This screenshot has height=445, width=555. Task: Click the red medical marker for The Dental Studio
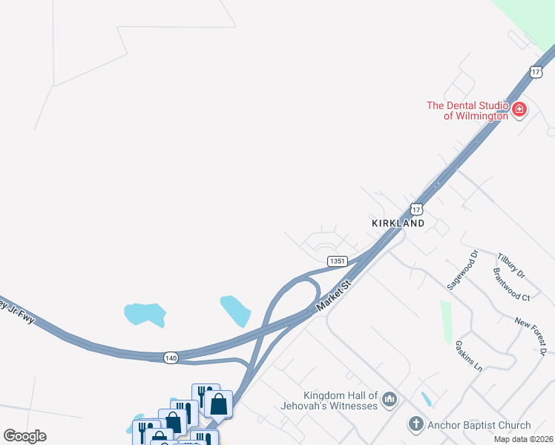point(519,111)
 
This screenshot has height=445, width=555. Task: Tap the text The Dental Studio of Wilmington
point(467,111)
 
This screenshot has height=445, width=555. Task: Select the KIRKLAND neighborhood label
point(398,223)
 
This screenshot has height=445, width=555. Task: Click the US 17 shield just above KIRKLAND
point(416,208)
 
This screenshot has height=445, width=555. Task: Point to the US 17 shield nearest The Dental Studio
point(536,72)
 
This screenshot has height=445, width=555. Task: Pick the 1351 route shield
point(338,261)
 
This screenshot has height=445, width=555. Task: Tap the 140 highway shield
point(171,357)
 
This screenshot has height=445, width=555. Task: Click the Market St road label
point(332,295)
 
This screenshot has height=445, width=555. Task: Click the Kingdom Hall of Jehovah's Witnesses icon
point(390,400)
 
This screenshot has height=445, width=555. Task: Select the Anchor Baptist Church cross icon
point(416,425)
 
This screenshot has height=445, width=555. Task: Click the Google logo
point(24,436)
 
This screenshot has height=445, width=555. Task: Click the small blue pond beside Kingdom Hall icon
point(427,399)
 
